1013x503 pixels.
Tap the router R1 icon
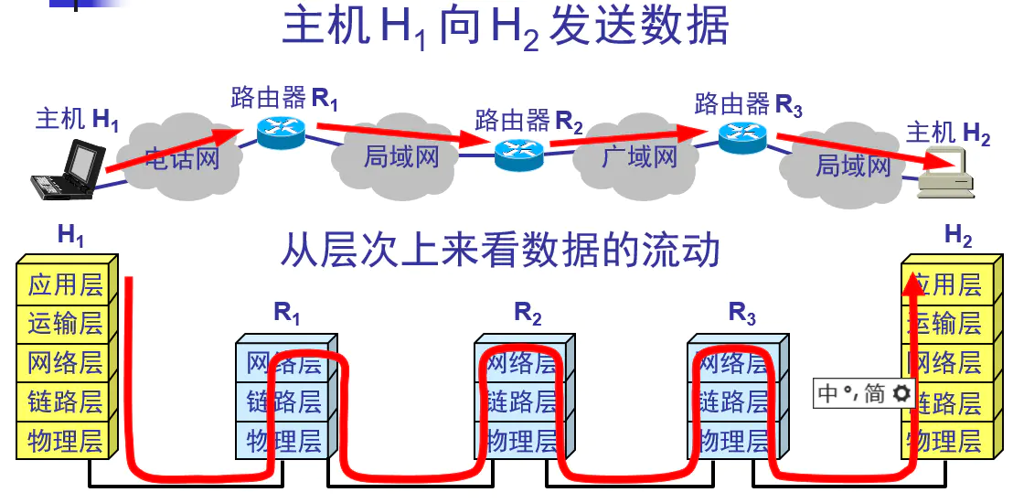[279, 134]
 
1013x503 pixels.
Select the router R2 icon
[519, 154]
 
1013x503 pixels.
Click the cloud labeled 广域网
[639, 156]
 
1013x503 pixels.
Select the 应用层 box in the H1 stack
[65, 284]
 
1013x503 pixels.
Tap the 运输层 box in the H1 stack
[65, 323]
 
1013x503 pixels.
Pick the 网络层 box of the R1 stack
[284, 363]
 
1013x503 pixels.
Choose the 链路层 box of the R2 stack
[521, 401]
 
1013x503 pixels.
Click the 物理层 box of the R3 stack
[734, 440]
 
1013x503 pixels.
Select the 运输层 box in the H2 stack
[945, 323]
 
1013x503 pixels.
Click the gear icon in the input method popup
[901, 393]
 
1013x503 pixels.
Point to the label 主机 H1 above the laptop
[78, 119]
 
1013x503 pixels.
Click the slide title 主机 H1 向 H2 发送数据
[506, 27]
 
